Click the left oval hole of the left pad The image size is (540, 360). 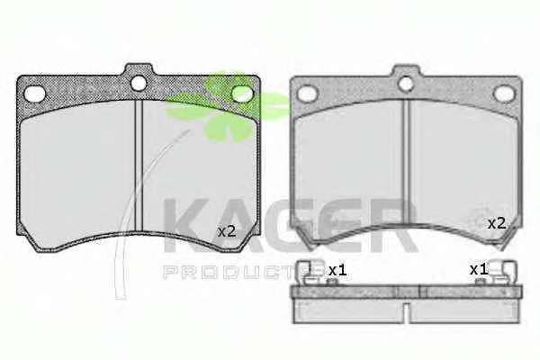click(x=35, y=94)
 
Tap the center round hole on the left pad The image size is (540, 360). click(x=139, y=84)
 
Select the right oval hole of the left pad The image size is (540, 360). click(x=242, y=94)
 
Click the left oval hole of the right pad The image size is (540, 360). click(x=307, y=94)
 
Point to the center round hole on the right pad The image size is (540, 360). click(x=405, y=84)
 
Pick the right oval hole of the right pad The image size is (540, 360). click(x=505, y=94)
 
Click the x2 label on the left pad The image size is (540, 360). click(x=227, y=231)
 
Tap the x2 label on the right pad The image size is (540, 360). click(x=497, y=224)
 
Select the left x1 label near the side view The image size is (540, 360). click(x=337, y=270)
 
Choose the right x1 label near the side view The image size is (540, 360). click(x=479, y=269)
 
